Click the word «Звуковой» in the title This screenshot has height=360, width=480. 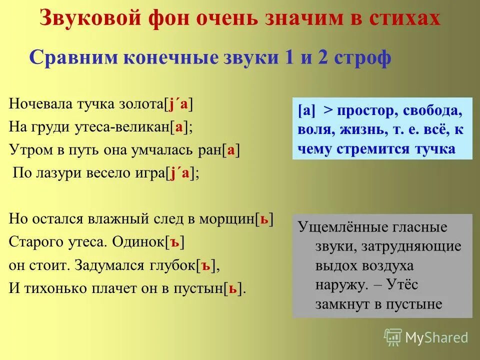click(x=89, y=18)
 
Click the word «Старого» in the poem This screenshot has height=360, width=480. click(x=33, y=242)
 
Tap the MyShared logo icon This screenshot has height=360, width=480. click(x=392, y=337)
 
